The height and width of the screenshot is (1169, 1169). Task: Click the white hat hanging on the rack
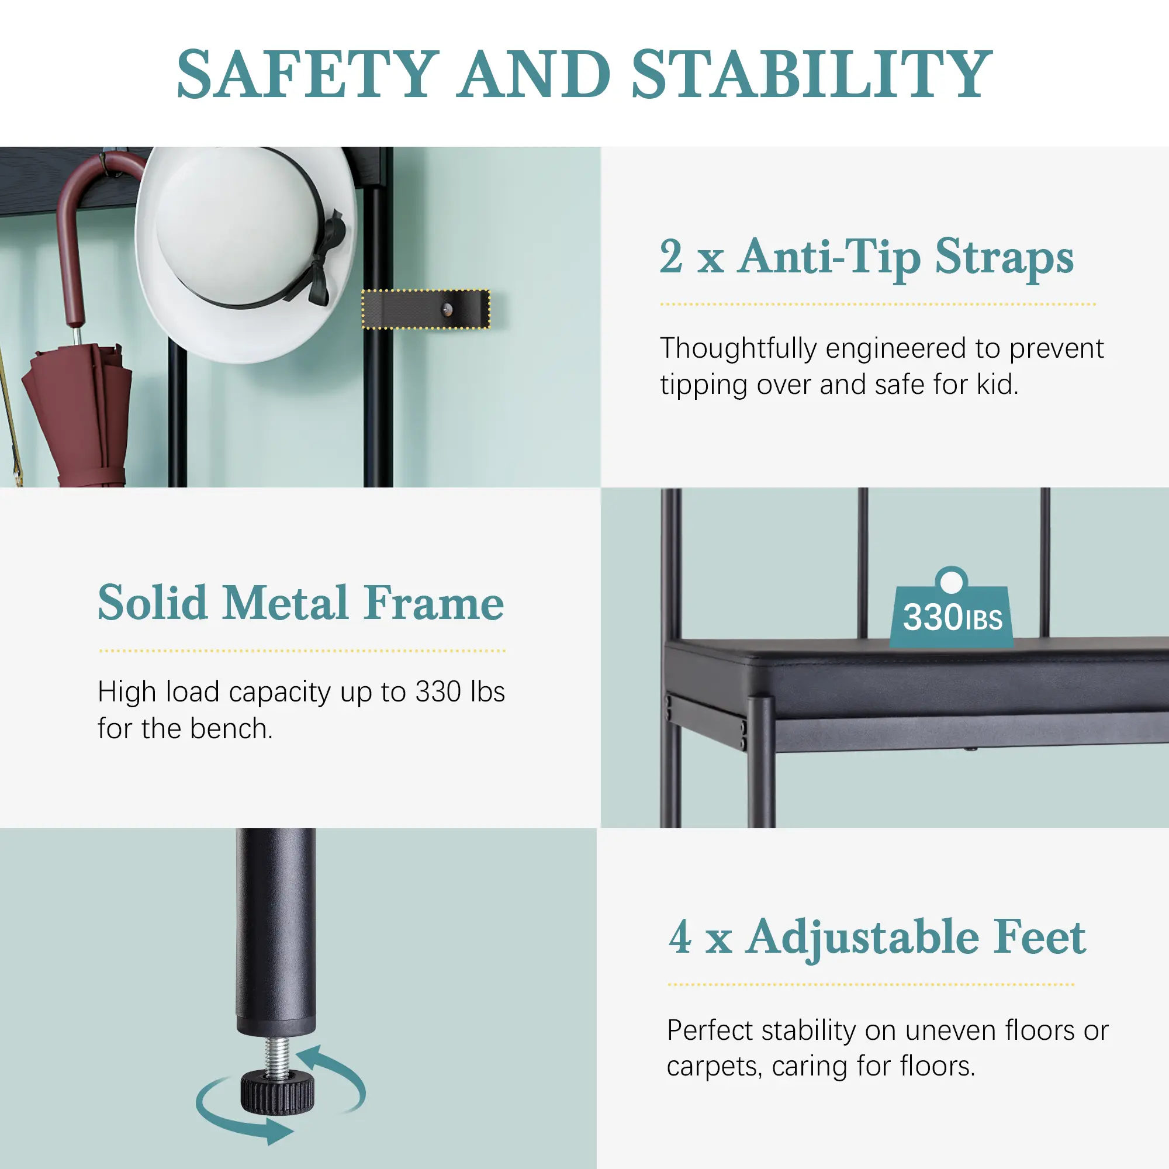tap(245, 254)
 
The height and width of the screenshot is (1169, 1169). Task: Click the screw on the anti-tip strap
tap(447, 310)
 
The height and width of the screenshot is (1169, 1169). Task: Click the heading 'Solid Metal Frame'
tap(300, 603)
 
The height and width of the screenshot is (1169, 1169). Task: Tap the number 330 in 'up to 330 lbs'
tap(438, 691)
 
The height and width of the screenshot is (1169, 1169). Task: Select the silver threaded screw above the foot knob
tap(277, 1054)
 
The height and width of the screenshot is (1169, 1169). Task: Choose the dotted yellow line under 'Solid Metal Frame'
tap(302, 651)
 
